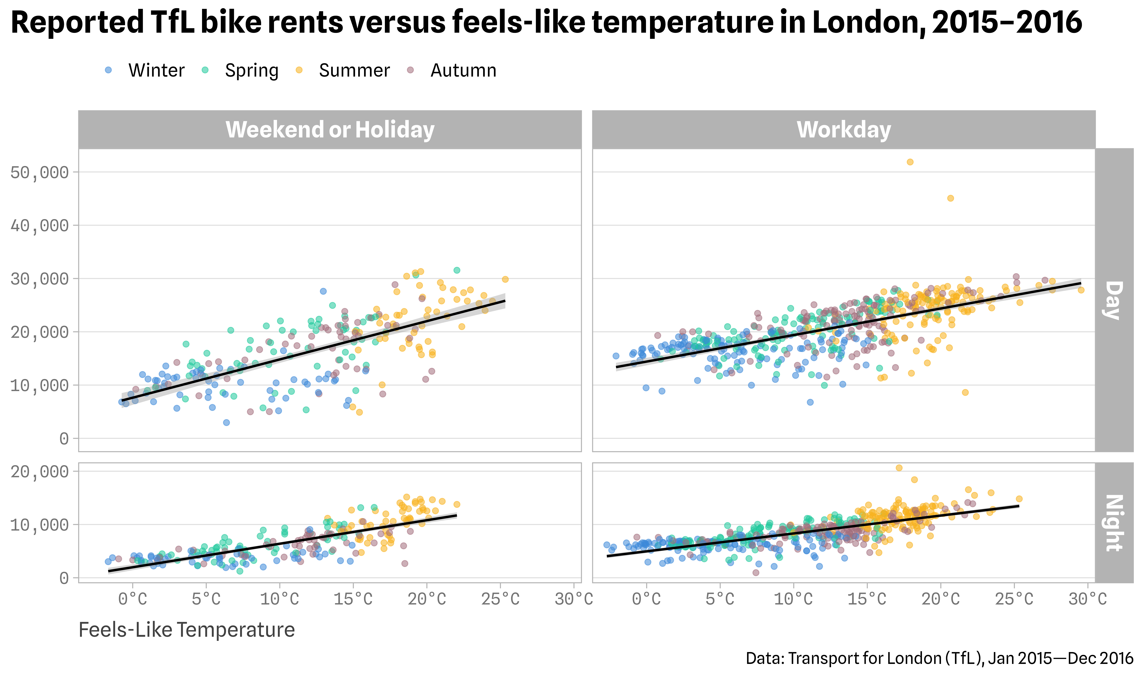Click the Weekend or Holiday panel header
click(330, 130)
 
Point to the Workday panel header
click(844, 130)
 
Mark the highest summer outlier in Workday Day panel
click(910, 162)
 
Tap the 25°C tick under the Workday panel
click(1014, 599)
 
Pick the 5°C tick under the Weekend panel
click(206, 599)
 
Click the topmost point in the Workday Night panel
click(899, 468)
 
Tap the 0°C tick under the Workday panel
click(646, 599)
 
